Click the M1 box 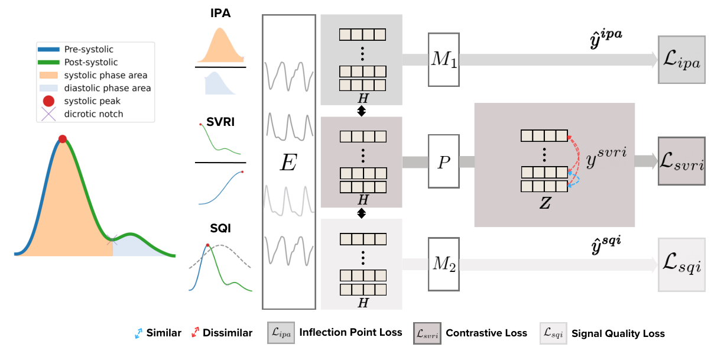tap(443, 60)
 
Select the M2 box tap(443, 264)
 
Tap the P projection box tap(443, 161)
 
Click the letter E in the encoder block tap(288, 163)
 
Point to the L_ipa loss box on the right tap(681, 60)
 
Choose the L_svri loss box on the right tap(681, 162)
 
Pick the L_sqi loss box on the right tap(681, 265)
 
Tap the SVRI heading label tap(220, 123)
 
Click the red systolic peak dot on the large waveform tap(63, 139)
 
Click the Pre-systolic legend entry tap(89, 50)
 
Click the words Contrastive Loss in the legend tap(486, 333)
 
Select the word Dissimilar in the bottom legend tap(227, 333)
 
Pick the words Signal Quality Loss tap(617, 333)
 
